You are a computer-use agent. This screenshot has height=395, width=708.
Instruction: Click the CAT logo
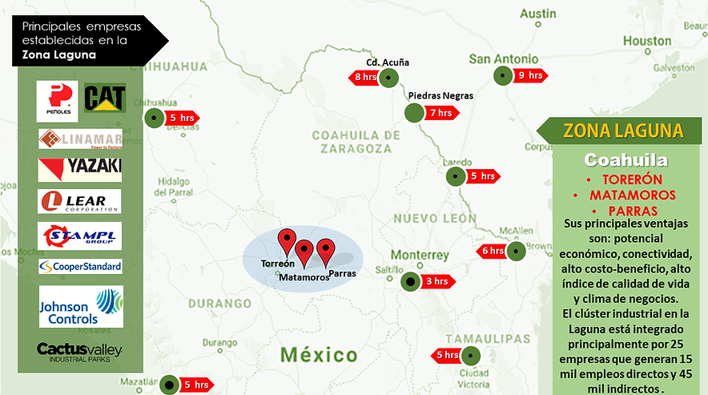[x=105, y=99]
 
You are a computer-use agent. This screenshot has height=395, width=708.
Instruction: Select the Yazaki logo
[x=80, y=167]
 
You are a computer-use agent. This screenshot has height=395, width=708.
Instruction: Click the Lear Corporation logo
[x=80, y=200]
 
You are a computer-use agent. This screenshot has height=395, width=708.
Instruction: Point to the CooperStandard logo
[x=80, y=266]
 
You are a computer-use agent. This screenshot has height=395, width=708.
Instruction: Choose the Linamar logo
[x=80, y=139]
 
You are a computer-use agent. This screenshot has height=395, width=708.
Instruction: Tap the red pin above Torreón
[x=287, y=240]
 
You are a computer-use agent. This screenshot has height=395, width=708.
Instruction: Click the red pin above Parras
[x=324, y=250]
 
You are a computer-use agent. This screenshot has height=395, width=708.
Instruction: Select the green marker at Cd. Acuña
[x=389, y=78]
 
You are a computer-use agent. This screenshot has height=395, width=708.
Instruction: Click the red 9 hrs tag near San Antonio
[x=532, y=76]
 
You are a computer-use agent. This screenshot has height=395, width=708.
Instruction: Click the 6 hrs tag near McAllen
[x=492, y=251]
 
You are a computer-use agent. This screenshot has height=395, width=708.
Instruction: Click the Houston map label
[x=647, y=40]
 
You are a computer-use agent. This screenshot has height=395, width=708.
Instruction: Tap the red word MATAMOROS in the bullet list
[x=632, y=195]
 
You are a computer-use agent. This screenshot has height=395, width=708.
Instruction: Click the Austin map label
[x=537, y=14]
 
